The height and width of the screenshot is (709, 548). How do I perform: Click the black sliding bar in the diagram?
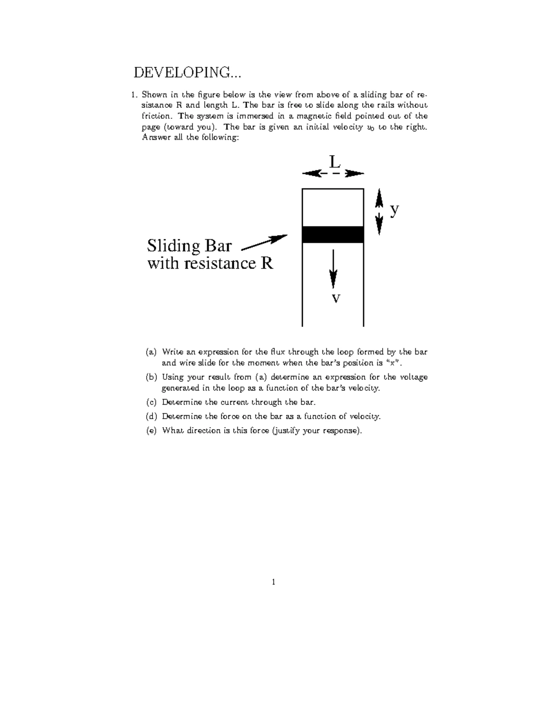(333, 234)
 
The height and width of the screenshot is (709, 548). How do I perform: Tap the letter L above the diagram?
(335, 162)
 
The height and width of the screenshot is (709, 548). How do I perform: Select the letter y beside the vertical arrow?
(395, 210)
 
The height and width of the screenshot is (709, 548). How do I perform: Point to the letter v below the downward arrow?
(336, 299)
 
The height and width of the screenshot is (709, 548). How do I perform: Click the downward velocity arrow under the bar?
(333, 269)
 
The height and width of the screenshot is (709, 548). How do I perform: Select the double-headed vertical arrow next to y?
(379, 212)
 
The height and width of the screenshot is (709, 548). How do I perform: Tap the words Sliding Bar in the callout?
(189, 246)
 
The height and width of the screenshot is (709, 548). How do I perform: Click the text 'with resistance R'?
(210, 263)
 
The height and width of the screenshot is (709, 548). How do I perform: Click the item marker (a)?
(151, 352)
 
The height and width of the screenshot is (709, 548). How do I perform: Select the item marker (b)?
(151, 377)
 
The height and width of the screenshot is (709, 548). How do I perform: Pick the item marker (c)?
(151, 402)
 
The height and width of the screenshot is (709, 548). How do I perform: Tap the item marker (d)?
(151, 416)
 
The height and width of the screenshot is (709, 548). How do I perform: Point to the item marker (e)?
(151, 431)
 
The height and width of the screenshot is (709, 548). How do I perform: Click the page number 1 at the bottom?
(273, 582)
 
